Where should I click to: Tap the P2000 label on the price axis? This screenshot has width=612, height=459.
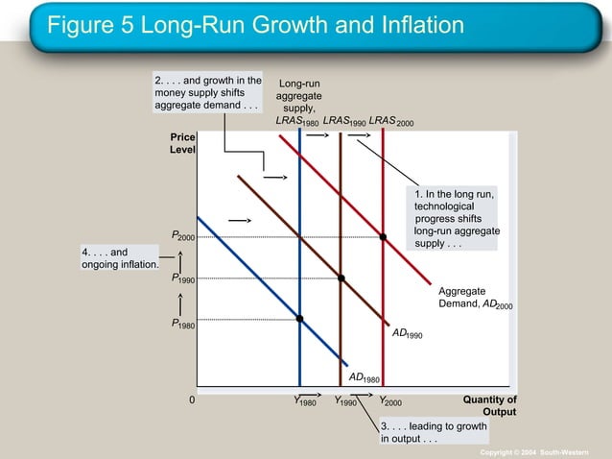(x=182, y=236)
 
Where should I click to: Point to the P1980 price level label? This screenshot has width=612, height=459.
(x=182, y=326)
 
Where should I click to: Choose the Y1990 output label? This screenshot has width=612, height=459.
(x=345, y=401)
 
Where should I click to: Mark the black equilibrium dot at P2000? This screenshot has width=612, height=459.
(x=383, y=236)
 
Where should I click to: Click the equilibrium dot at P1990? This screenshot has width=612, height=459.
(x=341, y=278)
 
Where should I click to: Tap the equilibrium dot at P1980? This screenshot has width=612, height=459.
(x=300, y=318)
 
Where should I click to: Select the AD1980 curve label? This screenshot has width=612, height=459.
(x=364, y=378)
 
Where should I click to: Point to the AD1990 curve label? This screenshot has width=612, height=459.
(x=408, y=334)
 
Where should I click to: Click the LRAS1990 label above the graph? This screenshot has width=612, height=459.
(x=343, y=122)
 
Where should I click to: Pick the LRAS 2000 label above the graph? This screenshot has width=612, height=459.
(x=390, y=122)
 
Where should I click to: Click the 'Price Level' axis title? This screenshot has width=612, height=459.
(x=183, y=145)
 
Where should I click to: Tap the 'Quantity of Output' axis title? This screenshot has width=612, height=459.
(x=490, y=405)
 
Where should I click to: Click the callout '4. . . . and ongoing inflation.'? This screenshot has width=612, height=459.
(x=119, y=258)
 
